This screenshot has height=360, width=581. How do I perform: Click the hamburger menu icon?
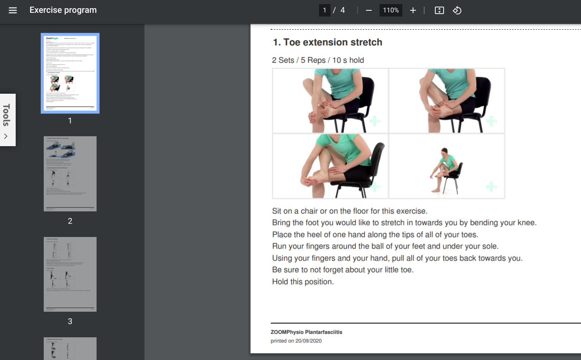(13, 10)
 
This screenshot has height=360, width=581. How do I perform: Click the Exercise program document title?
(63, 10)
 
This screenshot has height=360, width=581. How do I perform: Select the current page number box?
(324, 10)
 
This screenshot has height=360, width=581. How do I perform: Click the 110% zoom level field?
(390, 10)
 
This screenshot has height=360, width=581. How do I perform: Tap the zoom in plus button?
(413, 10)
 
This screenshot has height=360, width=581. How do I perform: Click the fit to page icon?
(439, 10)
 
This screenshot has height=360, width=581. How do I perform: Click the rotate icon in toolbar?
(457, 10)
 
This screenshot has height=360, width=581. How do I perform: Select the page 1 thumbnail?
(70, 73)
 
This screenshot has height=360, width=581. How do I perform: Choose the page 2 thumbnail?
(70, 174)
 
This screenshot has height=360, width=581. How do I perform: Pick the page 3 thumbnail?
(70, 274)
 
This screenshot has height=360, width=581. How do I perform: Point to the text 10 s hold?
(348, 60)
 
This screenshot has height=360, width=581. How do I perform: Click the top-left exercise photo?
(330, 101)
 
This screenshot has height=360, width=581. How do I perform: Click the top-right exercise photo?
(447, 101)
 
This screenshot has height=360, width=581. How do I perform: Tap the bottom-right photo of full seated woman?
(447, 166)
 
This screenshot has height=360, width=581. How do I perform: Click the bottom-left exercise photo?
(330, 166)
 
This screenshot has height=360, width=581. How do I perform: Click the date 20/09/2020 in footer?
(308, 341)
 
